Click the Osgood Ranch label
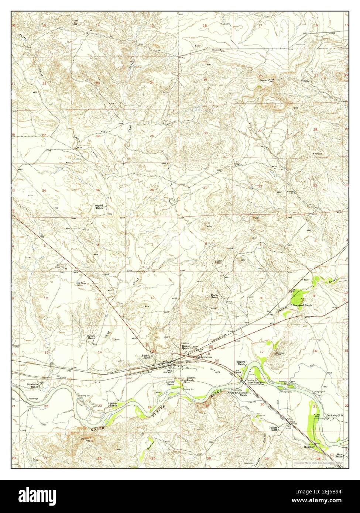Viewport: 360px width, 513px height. [99, 207]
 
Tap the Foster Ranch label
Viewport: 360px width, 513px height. [215, 296]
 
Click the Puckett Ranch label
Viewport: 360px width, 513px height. [147, 357]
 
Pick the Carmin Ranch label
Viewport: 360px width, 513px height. [91, 337]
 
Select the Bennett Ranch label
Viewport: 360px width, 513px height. [191, 379]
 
